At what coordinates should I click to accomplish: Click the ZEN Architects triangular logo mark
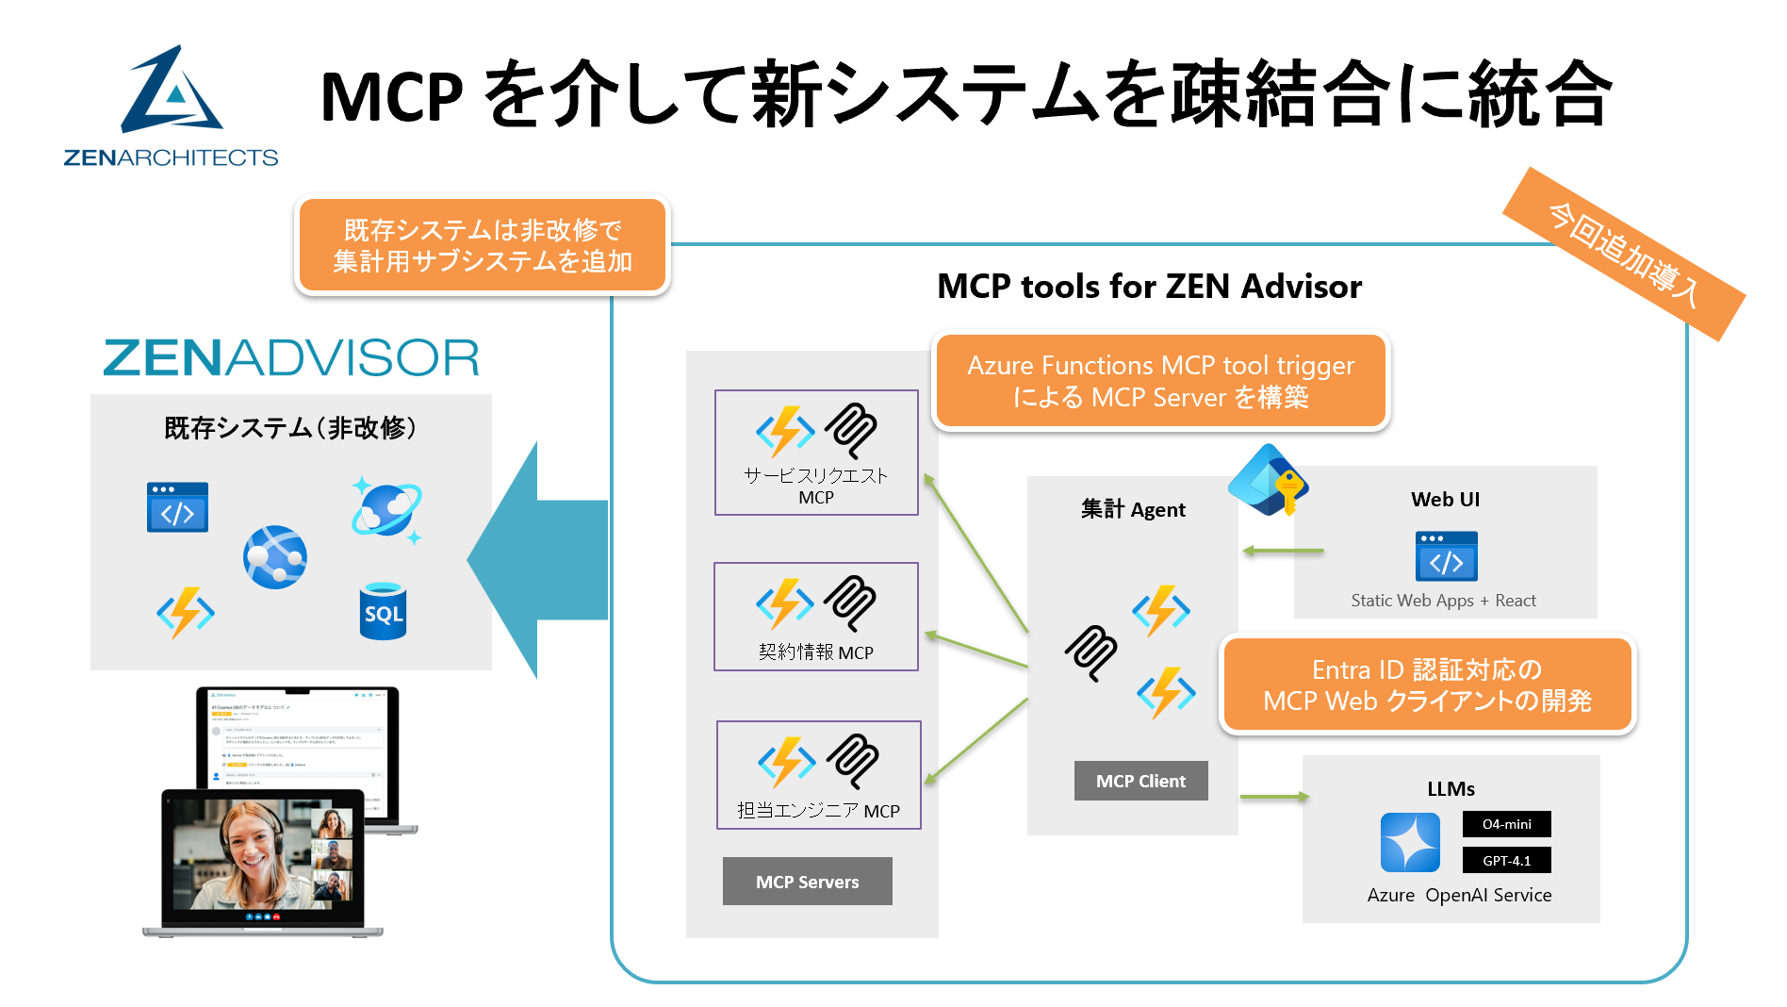point(172,91)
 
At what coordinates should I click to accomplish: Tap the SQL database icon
point(383,611)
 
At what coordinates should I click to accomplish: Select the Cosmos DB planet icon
point(386,510)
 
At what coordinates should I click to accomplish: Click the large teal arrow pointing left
point(537,560)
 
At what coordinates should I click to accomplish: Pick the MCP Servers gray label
point(807,882)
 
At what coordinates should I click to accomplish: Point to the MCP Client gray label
point(1140,781)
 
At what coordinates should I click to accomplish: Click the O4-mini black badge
point(1506,824)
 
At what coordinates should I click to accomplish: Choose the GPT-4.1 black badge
point(1506,861)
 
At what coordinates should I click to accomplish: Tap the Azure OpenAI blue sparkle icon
point(1410,842)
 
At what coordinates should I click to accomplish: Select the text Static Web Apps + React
point(1443,601)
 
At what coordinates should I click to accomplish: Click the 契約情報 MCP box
point(816,617)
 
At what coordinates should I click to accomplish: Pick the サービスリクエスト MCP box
point(816,453)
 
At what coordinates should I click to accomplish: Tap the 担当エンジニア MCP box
point(818,775)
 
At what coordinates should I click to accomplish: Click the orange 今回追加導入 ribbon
point(1624,254)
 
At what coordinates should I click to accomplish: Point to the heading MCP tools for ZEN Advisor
point(1149,287)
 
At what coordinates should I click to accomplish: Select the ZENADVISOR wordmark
point(291,358)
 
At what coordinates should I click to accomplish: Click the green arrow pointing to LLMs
point(1274,797)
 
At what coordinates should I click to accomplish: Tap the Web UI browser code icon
point(1446,556)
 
